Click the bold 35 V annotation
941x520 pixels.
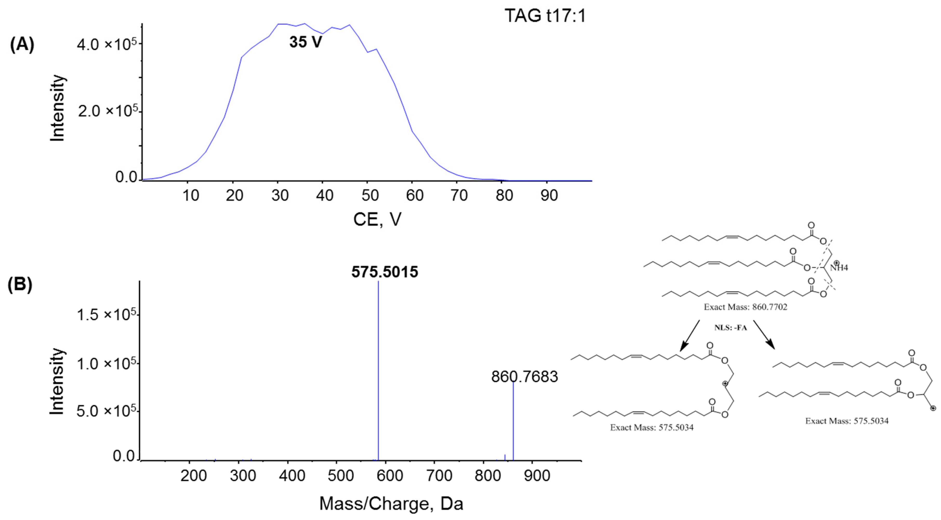[306, 42]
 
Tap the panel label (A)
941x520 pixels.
[22, 45]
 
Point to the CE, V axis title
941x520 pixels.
[377, 219]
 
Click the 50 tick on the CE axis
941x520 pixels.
[370, 196]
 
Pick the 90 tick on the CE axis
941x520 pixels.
[549, 196]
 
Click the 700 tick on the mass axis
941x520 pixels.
[439, 476]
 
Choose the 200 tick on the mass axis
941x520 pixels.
[193, 476]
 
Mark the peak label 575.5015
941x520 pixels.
[385, 272]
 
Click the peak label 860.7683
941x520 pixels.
[524, 377]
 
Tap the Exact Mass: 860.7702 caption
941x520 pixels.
[745, 307]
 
